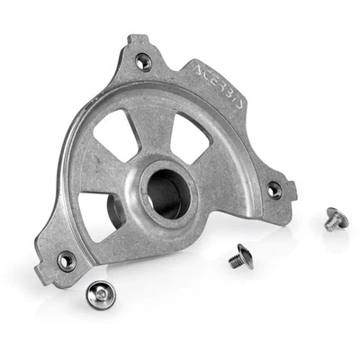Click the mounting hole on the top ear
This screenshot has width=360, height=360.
point(143,62)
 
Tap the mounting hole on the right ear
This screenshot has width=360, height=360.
point(274,190)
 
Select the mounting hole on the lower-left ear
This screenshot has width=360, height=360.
point(66,262)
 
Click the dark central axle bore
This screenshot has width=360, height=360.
point(166,190)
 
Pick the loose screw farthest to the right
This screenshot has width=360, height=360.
point(335,217)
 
